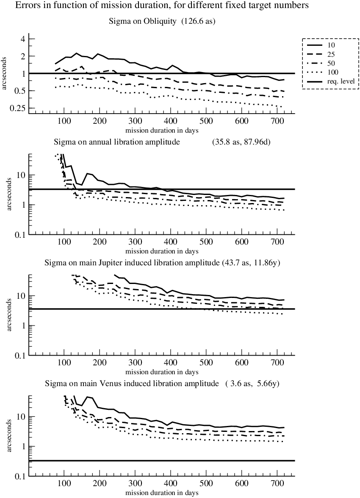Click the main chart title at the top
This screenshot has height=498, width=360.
(x=162, y=6)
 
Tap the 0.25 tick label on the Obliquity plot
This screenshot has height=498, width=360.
(x=18, y=109)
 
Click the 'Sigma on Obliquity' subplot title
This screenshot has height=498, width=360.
(x=143, y=21)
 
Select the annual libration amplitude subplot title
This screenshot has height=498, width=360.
(x=117, y=142)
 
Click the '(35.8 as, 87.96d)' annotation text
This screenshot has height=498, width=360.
(x=241, y=142)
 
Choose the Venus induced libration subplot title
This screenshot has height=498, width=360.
(x=132, y=384)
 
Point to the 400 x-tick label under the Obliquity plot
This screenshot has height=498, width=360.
(x=171, y=121)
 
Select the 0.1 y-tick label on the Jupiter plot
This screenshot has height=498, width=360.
(x=20, y=356)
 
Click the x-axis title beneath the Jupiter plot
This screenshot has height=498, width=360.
(x=162, y=372)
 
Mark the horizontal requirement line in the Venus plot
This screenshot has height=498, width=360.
(x=162, y=461)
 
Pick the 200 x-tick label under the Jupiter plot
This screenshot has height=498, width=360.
(x=100, y=362)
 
